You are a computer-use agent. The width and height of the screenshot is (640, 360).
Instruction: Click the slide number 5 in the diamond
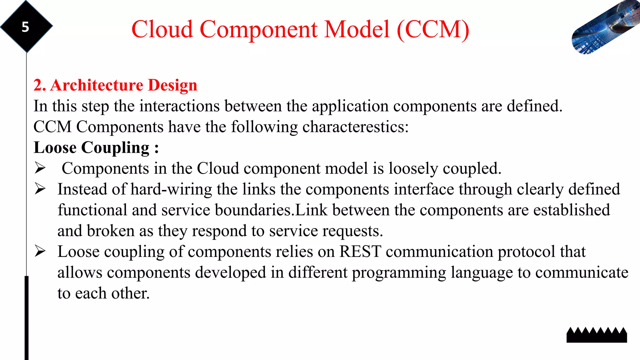point(25,27)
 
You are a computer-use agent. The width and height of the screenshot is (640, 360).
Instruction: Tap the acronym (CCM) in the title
point(433,29)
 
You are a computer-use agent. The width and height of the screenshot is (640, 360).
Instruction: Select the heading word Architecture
point(97,85)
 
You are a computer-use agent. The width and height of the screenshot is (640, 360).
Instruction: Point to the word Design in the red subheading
point(172,85)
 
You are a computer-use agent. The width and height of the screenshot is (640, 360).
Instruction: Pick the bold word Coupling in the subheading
point(115,148)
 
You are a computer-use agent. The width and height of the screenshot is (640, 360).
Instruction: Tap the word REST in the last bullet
point(360,252)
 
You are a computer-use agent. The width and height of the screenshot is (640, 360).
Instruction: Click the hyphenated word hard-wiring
point(171,190)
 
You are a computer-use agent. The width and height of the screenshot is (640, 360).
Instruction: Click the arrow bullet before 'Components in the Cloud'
point(40,168)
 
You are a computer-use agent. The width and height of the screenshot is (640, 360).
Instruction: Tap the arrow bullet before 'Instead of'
point(40,189)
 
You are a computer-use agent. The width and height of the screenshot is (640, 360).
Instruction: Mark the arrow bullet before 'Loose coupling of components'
point(40,251)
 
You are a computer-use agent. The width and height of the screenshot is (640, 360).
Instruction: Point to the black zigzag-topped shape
point(597,335)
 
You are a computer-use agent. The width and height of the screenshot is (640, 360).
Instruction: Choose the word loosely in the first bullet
point(413,169)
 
